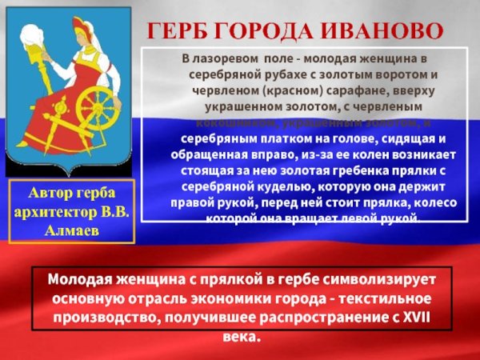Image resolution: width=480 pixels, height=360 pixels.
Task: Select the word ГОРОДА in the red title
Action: pyautogui.click(x=265, y=32)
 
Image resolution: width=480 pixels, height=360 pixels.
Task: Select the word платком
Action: pyautogui.click(x=258, y=138)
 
